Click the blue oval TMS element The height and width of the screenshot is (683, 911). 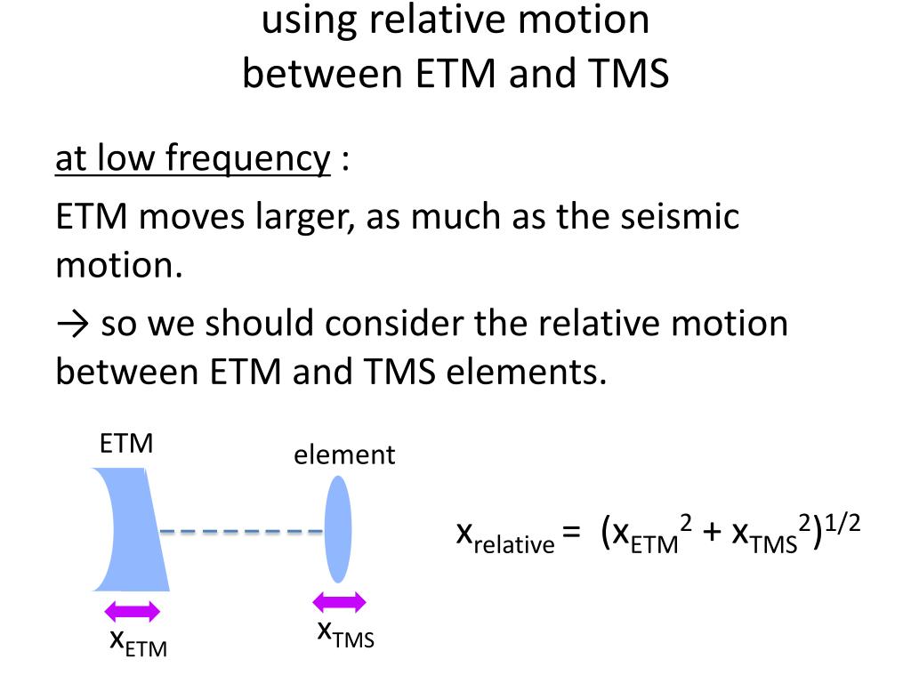(337, 529)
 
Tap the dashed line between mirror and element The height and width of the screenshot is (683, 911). (240, 532)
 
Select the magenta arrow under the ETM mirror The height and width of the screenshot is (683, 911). (133, 611)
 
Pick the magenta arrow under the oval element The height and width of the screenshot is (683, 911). (339, 602)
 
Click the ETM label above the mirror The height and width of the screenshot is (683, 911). (126, 443)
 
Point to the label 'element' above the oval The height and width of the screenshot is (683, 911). (344, 455)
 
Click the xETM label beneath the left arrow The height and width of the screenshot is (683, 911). (137, 641)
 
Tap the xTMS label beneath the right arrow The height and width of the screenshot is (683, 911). (346, 633)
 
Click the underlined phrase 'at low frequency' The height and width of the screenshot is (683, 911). (192, 159)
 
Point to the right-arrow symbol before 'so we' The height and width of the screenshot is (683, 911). (73, 324)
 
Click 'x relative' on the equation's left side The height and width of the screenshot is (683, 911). (504, 536)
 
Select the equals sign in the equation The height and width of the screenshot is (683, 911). (572, 534)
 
